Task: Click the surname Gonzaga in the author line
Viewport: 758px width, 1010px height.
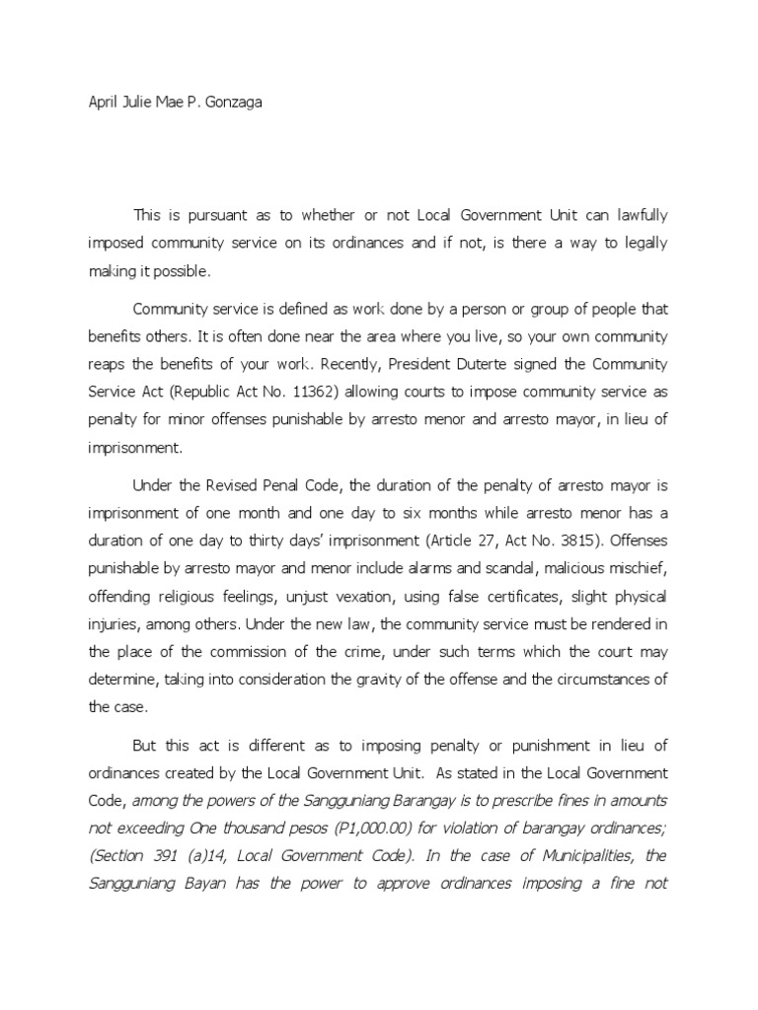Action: click(234, 103)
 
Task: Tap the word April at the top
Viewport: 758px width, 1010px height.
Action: click(105, 103)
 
